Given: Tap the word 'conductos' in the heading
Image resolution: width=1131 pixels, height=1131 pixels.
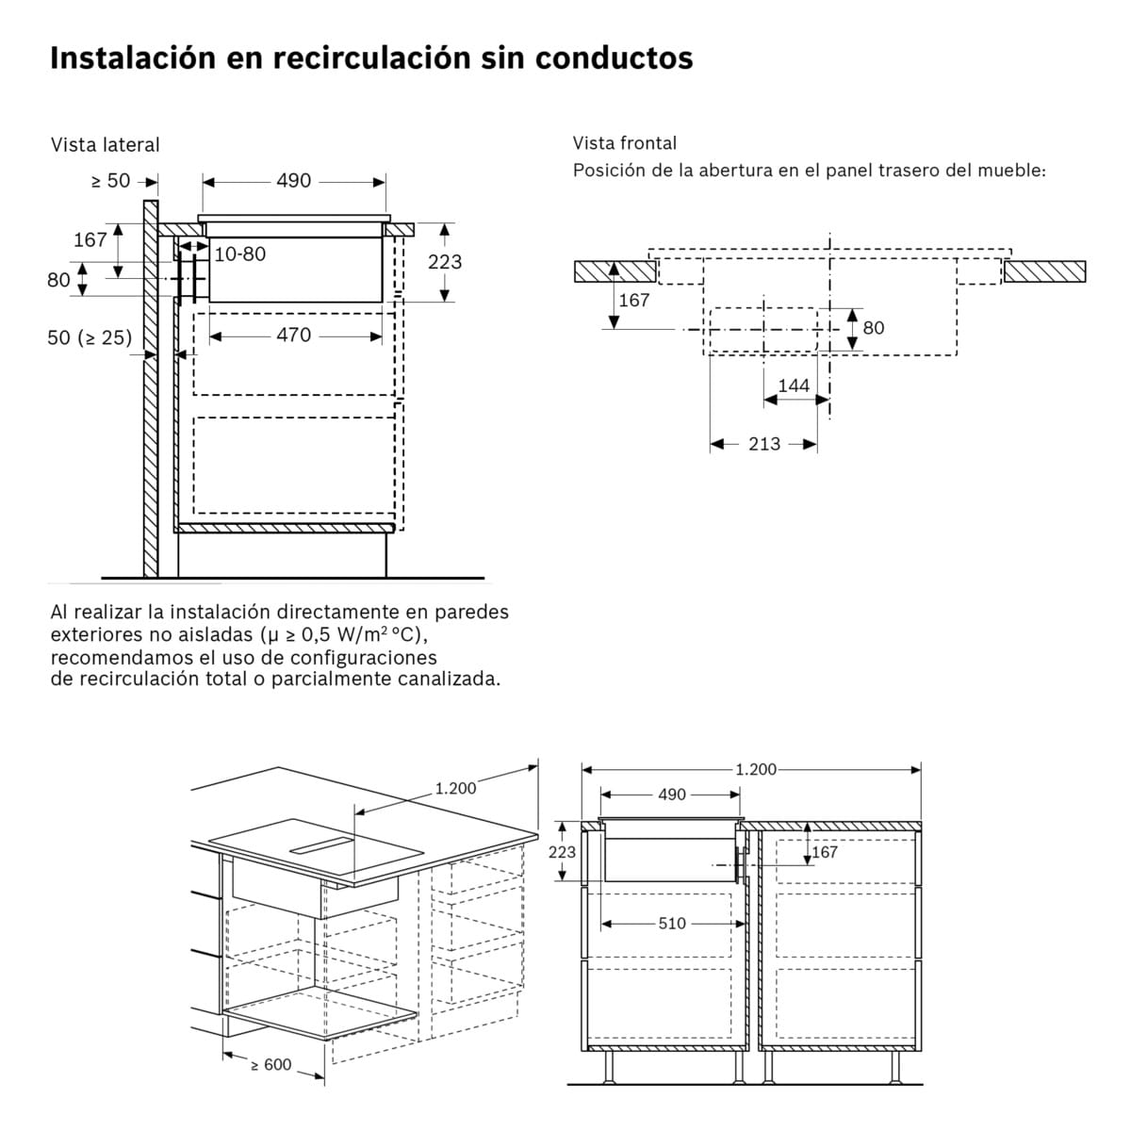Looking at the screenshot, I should pyautogui.click(x=614, y=57).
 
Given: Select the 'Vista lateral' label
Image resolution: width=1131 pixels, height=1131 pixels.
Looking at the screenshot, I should pyautogui.click(x=106, y=145).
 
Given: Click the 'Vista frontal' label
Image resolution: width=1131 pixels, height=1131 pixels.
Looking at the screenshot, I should pyautogui.click(x=625, y=143).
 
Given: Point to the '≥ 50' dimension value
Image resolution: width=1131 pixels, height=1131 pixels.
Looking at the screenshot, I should pyautogui.click(x=110, y=181).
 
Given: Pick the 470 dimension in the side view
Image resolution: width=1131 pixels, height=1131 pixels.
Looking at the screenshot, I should pyautogui.click(x=293, y=335).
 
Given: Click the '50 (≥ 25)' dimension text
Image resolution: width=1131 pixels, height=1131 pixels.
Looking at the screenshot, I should pyautogui.click(x=90, y=337).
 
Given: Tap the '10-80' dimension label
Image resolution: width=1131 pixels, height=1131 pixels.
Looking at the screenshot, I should pyautogui.click(x=239, y=254).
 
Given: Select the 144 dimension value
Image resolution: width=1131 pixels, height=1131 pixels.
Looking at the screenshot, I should pyautogui.click(x=794, y=385).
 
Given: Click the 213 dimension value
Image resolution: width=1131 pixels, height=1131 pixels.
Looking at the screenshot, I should pyautogui.click(x=763, y=444).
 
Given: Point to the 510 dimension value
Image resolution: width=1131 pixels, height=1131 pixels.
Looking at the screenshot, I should pyautogui.click(x=671, y=924).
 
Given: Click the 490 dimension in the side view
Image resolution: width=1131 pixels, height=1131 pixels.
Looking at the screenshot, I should pyautogui.click(x=293, y=181).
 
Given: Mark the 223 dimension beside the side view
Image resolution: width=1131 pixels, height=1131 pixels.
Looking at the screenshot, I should pyautogui.click(x=445, y=261).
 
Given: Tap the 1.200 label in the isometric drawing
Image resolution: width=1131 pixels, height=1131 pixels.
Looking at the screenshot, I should pyautogui.click(x=455, y=788).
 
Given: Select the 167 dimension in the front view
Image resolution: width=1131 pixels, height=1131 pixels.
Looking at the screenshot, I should pyautogui.click(x=634, y=300).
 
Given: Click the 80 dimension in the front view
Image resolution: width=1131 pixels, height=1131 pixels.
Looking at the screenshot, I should pyautogui.click(x=874, y=328).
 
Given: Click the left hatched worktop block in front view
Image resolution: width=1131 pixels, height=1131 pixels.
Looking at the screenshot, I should pyautogui.click(x=615, y=271).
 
